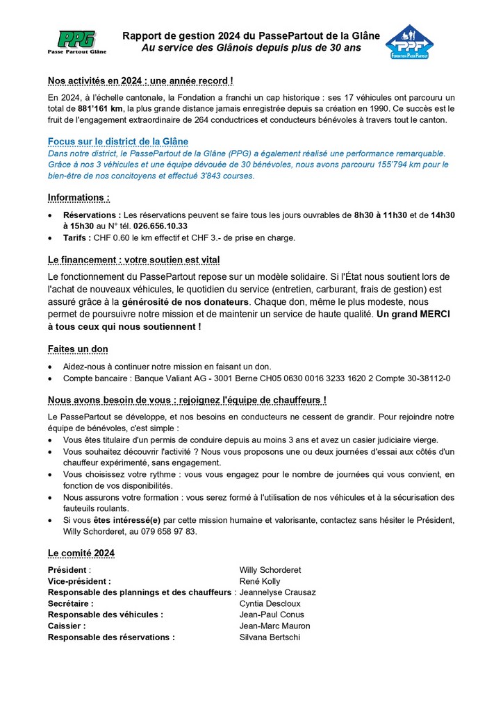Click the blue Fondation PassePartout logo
click(x=409, y=42)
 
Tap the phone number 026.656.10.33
click(x=160, y=226)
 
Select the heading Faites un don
click(x=77, y=349)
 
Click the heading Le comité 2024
click(x=81, y=553)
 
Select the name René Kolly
click(x=260, y=581)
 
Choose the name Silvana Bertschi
click(x=270, y=637)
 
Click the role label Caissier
click(x=66, y=626)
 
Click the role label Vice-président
click(x=79, y=581)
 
